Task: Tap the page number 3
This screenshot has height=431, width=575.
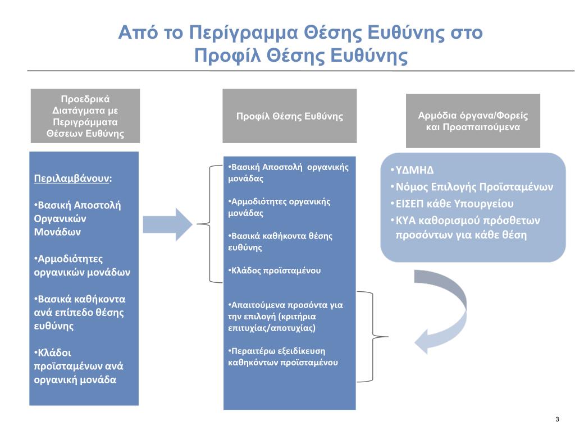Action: (556, 420)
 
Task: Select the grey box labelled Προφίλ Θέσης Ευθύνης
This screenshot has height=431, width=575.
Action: (289, 116)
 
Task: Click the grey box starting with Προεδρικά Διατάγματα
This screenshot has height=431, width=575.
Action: (85, 116)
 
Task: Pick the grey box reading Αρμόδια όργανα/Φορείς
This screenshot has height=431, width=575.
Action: (473, 121)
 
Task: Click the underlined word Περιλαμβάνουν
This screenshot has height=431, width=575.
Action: (72, 178)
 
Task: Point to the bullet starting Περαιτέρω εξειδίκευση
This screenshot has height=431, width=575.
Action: (284, 357)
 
